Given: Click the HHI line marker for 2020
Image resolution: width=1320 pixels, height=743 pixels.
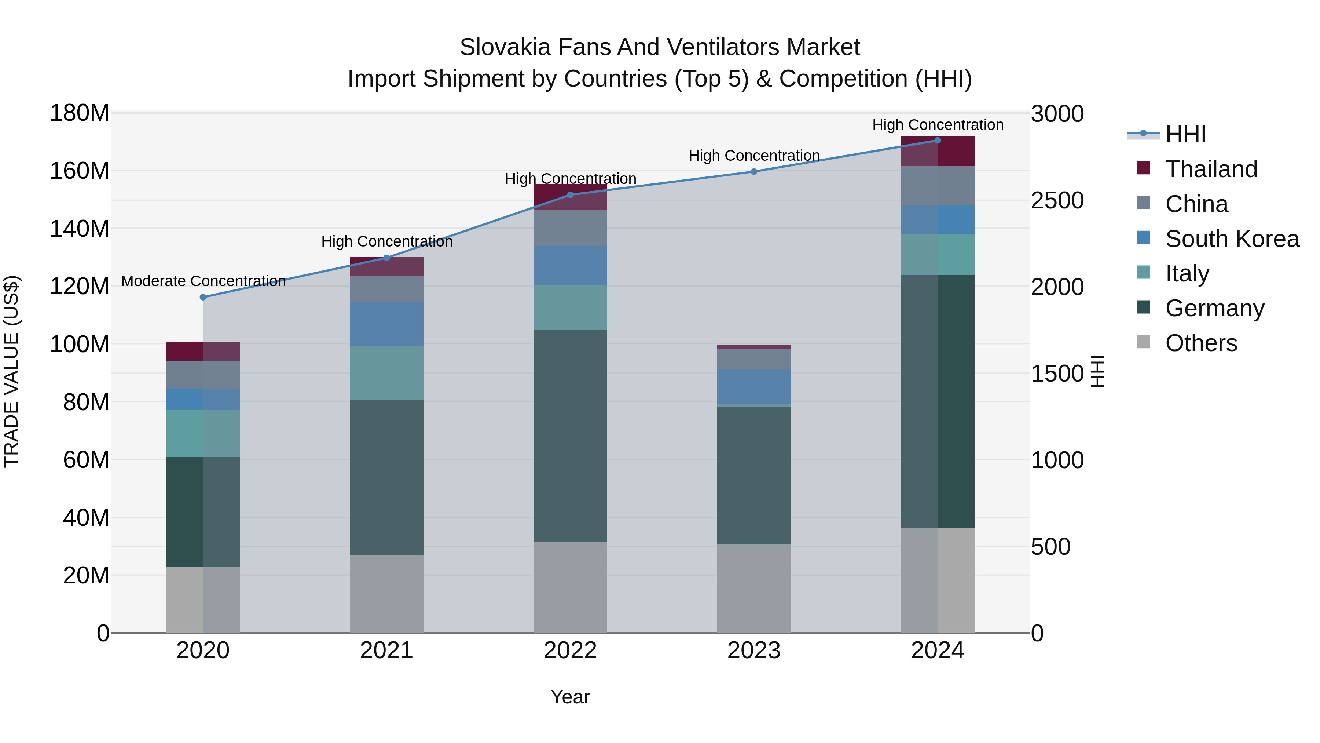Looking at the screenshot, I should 203,298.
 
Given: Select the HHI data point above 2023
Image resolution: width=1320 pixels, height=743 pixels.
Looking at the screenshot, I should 754,172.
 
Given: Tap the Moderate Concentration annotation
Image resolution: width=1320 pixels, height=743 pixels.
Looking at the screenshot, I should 203,281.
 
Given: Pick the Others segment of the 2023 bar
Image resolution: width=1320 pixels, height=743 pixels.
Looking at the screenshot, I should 754,588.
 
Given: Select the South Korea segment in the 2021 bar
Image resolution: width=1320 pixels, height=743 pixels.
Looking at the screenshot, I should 386,324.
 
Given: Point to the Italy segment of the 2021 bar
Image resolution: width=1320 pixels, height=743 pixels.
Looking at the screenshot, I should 386,373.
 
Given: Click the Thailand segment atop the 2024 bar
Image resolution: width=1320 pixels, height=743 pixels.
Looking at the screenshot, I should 938,151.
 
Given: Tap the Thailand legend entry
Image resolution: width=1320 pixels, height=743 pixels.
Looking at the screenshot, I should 1211,169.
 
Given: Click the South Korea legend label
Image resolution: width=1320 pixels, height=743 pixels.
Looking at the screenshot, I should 1232,239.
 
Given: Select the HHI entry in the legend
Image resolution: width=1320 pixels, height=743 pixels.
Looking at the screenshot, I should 1185,134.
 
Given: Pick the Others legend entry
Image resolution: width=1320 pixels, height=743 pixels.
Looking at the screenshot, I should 1201,343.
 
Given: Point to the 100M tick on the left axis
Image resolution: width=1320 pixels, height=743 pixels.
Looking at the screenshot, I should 80,344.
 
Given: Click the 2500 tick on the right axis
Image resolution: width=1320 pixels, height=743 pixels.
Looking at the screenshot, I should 1057,200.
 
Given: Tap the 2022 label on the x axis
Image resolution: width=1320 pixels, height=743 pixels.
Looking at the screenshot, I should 570,651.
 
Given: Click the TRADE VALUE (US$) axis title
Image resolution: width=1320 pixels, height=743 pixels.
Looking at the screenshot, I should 11,371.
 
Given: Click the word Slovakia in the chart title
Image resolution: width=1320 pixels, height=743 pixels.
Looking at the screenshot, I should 505,47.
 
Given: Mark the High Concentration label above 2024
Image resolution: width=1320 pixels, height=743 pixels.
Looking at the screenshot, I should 938,125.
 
